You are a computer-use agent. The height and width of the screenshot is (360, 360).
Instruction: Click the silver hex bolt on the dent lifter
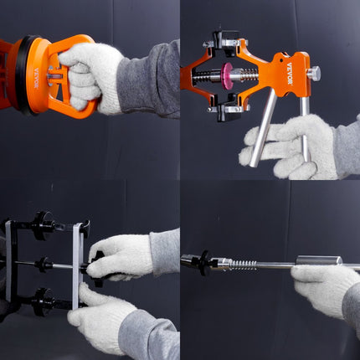pyautogui.click(x=312, y=74)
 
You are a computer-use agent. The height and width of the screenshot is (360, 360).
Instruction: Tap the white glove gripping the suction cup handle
pyautogui.click(x=92, y=75)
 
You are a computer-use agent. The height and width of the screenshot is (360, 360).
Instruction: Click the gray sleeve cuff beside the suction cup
pyautogui.click(x=151, y=80)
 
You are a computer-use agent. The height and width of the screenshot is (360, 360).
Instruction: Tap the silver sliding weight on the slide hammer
pyautogui.click(x=318, y=261)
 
